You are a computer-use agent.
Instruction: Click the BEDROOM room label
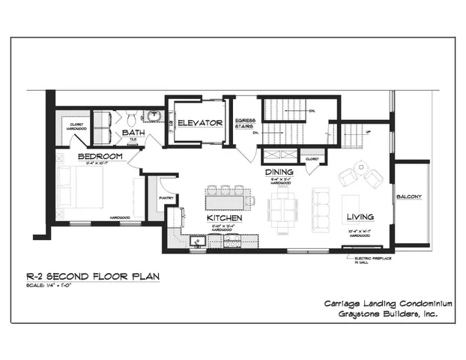(x=100, y=156)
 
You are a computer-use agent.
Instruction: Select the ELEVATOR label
(x=200, y=122)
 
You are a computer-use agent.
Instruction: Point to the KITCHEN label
(x=224, y=217)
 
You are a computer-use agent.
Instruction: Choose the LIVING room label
(x=360, y=217)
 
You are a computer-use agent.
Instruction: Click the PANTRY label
(x=166, y=199)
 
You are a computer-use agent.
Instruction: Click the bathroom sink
(x=153, y=115)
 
